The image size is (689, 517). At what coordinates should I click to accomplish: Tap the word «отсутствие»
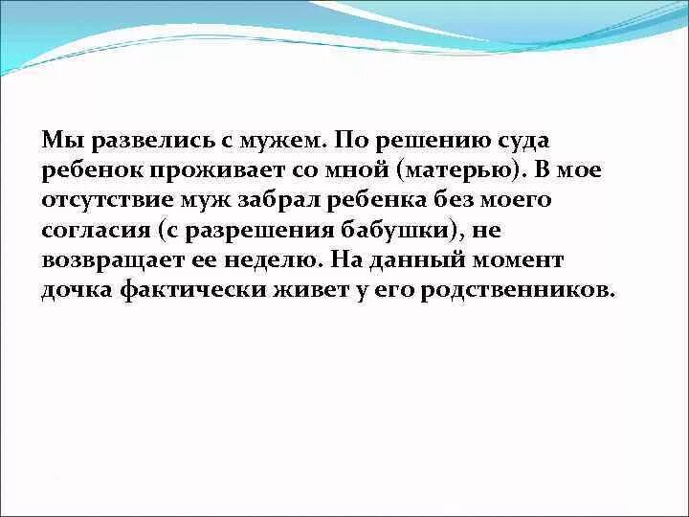tap(108, 201)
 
